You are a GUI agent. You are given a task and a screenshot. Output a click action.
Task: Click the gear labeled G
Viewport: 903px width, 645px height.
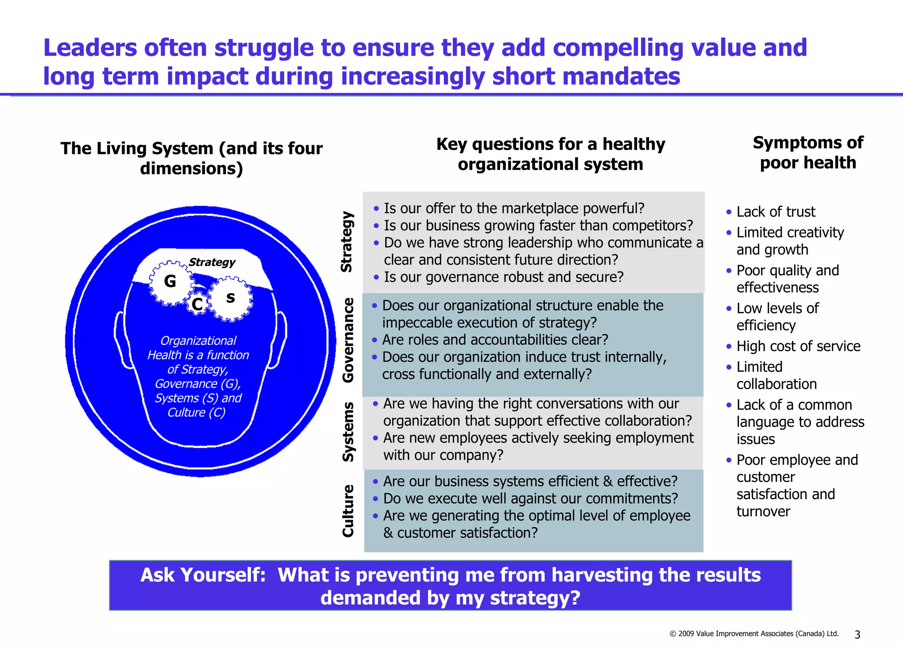point(170,281)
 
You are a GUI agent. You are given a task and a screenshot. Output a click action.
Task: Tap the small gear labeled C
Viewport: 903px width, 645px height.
point(197,304)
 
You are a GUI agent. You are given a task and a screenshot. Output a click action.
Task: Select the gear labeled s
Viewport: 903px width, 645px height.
point(230,298)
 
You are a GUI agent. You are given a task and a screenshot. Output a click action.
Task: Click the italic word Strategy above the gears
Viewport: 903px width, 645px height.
point(212,262)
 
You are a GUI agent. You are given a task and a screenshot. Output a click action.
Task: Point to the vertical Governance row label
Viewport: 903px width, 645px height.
point(348,340)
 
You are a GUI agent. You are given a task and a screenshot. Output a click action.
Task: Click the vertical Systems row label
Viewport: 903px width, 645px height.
point(348,431)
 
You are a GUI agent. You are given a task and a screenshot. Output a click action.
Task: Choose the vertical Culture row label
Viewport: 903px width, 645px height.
point(348,510)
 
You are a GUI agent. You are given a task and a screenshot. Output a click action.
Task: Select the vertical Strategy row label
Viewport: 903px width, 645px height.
point(347,242)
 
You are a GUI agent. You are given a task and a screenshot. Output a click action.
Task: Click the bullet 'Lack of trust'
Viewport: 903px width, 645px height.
point(776,212)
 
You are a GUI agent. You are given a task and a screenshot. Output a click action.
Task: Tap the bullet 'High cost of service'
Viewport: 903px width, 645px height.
point(798,346)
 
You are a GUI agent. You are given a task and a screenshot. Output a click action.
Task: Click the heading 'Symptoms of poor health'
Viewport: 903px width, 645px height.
point(808,153)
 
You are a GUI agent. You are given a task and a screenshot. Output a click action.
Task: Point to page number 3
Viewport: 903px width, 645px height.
point(857,634)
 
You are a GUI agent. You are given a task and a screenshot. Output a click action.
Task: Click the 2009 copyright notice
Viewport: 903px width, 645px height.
point(754,634)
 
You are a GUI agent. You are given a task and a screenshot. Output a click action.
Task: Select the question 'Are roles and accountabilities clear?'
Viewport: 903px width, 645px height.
point(495,340)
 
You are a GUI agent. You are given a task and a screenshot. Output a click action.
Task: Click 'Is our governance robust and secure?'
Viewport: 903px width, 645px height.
point(504,277)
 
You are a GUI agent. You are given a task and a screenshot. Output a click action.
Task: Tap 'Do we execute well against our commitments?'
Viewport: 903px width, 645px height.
point(530,499)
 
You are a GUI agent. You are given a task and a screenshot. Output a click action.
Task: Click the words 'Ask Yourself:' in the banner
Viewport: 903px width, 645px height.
point(203,575)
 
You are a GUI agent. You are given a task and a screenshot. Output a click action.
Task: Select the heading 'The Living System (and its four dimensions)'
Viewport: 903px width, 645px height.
point(191,158)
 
